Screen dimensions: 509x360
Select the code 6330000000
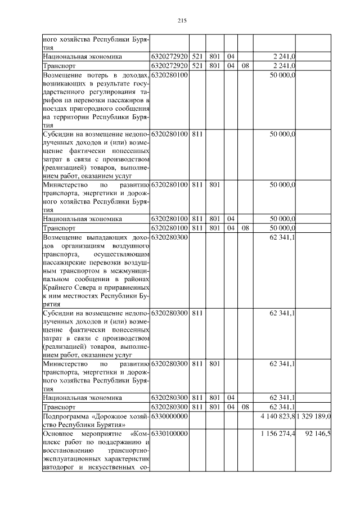pos(169,416)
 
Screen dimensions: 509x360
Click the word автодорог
pos(60,469)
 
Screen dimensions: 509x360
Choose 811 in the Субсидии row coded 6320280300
pos(196,312)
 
